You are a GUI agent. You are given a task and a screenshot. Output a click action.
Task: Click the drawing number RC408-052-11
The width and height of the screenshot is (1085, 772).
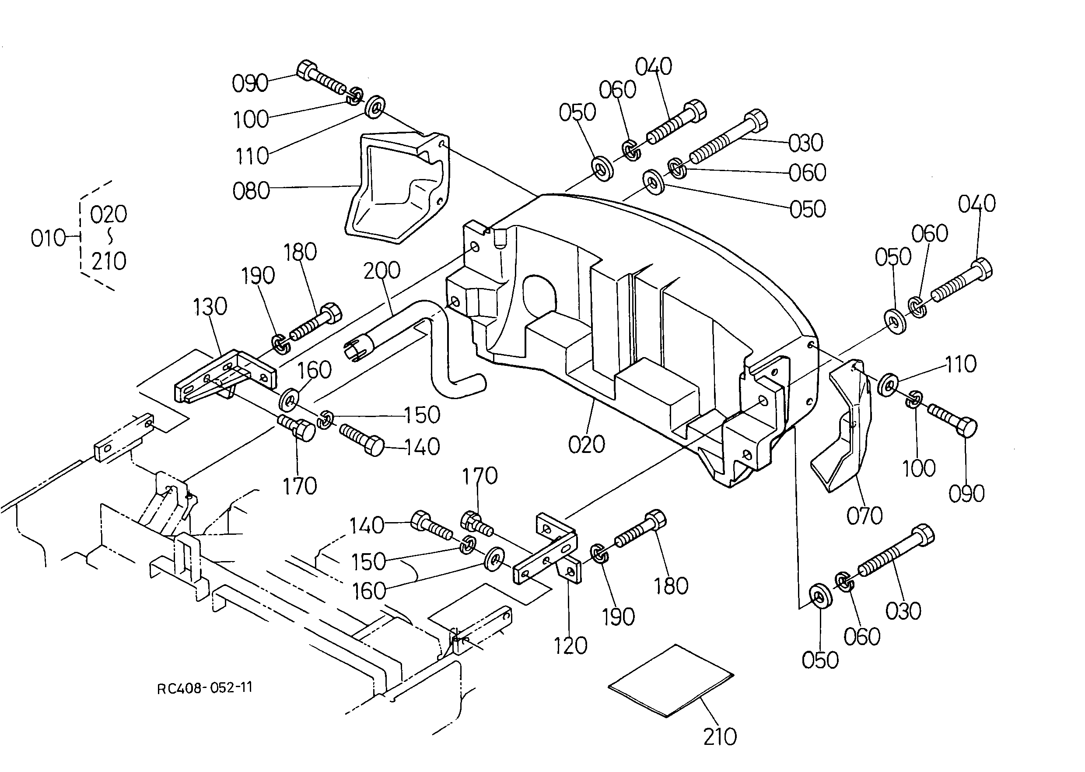point(204,688)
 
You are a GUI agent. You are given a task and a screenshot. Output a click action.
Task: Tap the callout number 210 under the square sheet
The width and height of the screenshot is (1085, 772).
point(720,737)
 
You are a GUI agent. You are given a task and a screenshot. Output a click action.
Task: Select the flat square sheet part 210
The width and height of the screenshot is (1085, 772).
point(671,681)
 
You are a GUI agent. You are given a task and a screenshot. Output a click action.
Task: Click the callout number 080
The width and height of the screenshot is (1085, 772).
point(251,191)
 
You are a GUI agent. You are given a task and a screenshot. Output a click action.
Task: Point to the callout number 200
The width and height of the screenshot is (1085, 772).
point(381,270)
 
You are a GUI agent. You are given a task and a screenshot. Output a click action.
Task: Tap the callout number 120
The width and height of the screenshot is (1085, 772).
point(570,646)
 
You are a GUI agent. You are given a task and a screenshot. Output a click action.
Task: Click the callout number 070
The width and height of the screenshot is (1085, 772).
point(864,516)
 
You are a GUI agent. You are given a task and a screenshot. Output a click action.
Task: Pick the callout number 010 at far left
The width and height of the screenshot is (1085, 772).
point(48,238)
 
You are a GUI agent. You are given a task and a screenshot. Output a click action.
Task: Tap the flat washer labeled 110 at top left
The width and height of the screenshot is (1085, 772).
point(375,106)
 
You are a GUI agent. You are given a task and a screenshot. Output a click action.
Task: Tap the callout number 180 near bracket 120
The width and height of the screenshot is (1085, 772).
point(671,586)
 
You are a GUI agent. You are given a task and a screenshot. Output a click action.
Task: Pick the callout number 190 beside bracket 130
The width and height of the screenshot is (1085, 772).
point(258,276)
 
